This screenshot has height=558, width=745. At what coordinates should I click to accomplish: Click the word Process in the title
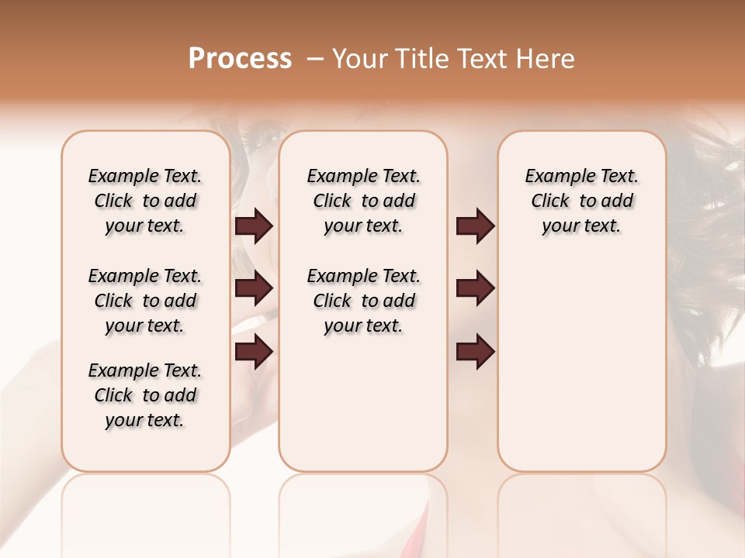coord(240,58)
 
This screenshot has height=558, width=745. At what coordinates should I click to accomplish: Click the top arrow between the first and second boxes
coord(254,226)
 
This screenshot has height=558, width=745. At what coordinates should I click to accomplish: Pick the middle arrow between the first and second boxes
coord(254,288)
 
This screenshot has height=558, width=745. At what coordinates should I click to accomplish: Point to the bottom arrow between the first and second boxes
coord(254,351)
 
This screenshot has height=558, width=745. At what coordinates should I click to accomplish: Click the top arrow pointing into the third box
coord(475,226)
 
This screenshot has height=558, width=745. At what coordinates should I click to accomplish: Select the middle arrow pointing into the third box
coord(475,288)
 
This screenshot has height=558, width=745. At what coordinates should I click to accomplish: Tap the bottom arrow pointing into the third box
coord(475,351)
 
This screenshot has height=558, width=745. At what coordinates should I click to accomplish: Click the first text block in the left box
coord(145,201)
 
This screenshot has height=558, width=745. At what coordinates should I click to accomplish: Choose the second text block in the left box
coord(145,301)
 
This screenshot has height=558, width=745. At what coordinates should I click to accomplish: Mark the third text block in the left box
coord(145,395)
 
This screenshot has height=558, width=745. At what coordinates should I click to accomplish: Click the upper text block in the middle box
coord(363,201)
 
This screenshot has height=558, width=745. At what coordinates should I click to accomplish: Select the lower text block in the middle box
coord(363,301)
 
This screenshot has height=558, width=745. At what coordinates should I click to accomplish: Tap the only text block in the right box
coord(582,201)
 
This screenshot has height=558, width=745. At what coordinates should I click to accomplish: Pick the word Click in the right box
coord(550,201)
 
